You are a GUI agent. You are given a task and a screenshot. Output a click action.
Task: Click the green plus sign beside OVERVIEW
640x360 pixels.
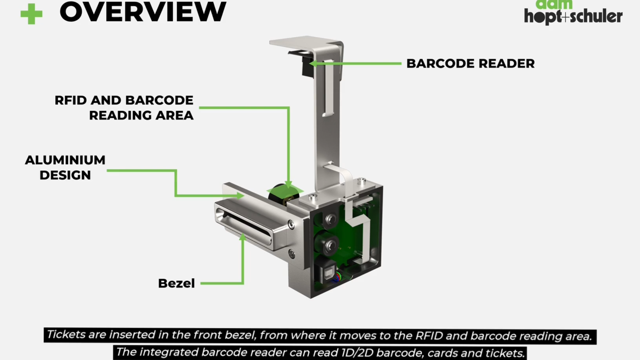pyautogui.click(x=31, y=14)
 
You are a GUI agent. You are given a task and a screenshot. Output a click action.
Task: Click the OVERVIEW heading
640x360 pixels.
pyautogui.click(x=143, y=12)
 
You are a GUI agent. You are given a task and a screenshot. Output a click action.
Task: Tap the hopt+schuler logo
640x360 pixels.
pyautogui.click(x=573, y=15)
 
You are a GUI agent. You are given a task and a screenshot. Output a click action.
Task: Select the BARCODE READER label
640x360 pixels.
pyautogui.click(x=470, y=64)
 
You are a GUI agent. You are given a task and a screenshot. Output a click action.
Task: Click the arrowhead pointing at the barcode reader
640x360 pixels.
pyautogui.click(x=313, y=64)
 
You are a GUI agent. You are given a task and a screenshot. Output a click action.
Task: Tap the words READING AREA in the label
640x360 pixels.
pyautogui.click(x=141, y=116)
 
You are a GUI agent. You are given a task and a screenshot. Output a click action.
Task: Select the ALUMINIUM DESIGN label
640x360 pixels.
pyautogui.click(x=65, y=168)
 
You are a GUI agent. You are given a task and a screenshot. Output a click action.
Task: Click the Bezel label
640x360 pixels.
pyautogui.click(x=176, y=283)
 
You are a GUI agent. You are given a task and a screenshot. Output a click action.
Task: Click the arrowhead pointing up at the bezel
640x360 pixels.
pyautogui.click(x=243, y=237)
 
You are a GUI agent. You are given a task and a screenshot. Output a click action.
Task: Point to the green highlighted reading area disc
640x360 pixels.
pyautogui.click(x=283, y=193)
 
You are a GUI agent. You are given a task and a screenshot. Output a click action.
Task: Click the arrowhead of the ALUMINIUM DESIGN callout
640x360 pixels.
pyautogui.click(x=241, y=196)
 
